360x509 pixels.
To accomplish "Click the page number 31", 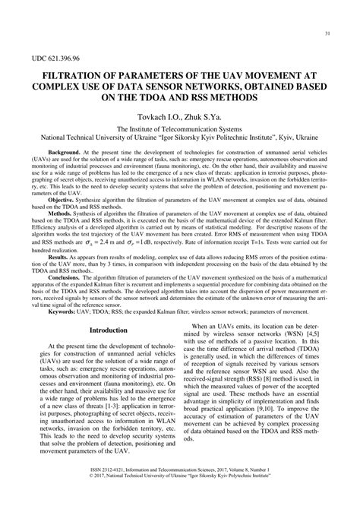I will point(327,33).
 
